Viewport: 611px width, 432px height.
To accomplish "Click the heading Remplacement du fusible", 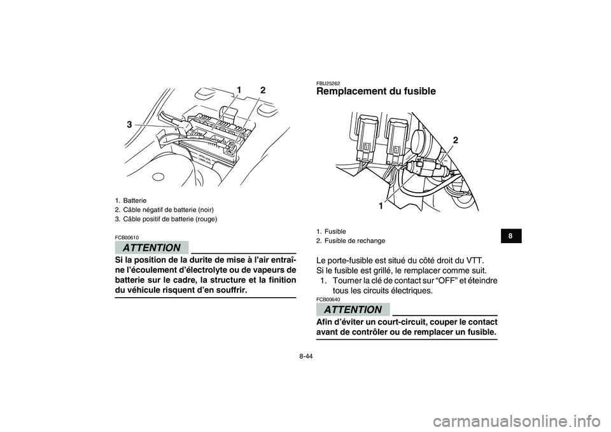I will point(376,92).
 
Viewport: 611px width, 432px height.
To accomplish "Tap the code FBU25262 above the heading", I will point(328,83).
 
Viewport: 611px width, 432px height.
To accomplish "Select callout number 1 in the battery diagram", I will point(239,87).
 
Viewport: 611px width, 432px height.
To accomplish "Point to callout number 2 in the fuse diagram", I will point(456,139).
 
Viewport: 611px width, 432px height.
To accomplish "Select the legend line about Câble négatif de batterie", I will point(164,209).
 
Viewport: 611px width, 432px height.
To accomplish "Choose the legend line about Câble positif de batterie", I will point(165,219).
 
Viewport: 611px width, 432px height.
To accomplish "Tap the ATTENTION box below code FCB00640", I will point(353,310).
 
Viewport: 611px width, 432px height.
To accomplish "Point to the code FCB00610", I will point(127,237).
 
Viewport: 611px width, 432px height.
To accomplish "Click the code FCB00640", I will point(328,299).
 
